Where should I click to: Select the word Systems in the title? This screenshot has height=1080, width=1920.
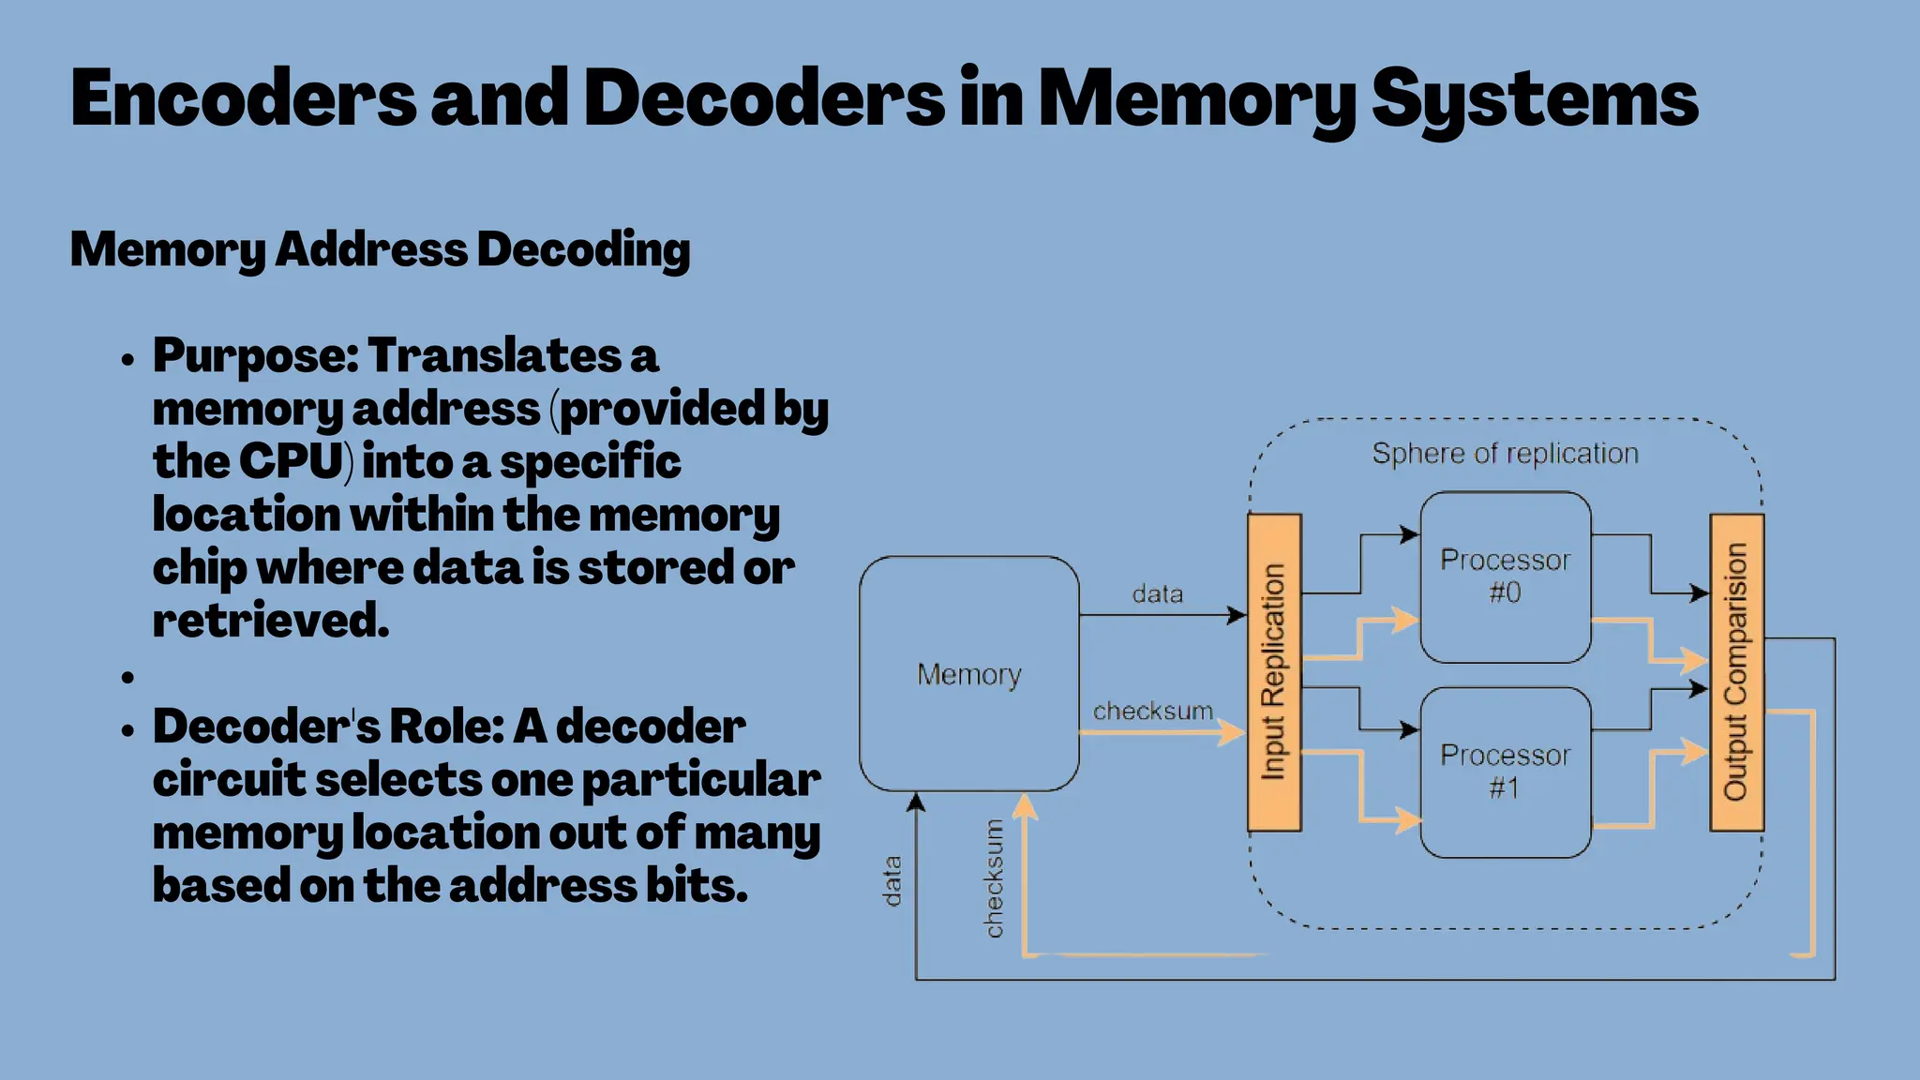pos(1534,99)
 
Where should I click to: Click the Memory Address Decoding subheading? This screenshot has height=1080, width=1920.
pos(380,249)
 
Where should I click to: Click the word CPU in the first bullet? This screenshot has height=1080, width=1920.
pos(291,461)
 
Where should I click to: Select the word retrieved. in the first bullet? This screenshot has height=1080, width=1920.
pos(270,620)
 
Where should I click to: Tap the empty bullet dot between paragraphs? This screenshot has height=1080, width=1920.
pos(128,677)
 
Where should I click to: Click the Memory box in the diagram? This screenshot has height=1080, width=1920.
pos(968,674)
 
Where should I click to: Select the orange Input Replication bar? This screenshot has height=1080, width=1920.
pos(1273,672)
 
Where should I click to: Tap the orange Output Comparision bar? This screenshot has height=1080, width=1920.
pos(1736,672)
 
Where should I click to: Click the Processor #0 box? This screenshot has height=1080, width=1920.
pos(1505,577)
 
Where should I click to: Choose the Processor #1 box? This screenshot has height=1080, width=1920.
pos(1505,772)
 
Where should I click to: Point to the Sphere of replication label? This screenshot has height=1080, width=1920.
pos(1505,454)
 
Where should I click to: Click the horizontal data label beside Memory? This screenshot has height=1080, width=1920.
pos(1157,594)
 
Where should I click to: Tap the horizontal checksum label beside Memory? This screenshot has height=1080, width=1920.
pos(1152,712)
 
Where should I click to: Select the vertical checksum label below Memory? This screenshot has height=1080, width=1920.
pos(994,878)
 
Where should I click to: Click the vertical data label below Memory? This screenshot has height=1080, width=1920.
pos(892,880)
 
